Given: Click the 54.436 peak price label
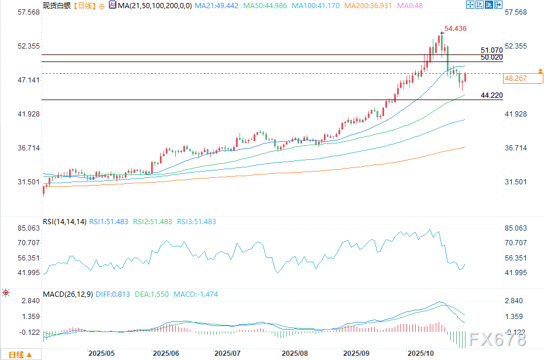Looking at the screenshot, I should click(455, 28).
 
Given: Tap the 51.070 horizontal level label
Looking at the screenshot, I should click(491, 51).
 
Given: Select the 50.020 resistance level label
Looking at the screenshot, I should click(491, 57).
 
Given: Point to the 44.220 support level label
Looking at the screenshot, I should click(491, 95).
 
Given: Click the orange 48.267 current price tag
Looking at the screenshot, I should click(516, 78).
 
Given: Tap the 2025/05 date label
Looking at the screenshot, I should click(101, 354).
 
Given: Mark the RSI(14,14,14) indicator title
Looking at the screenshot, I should click(64, 222).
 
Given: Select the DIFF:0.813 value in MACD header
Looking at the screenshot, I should click(114, 294).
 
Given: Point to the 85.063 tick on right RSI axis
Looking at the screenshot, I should click(515, 228).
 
